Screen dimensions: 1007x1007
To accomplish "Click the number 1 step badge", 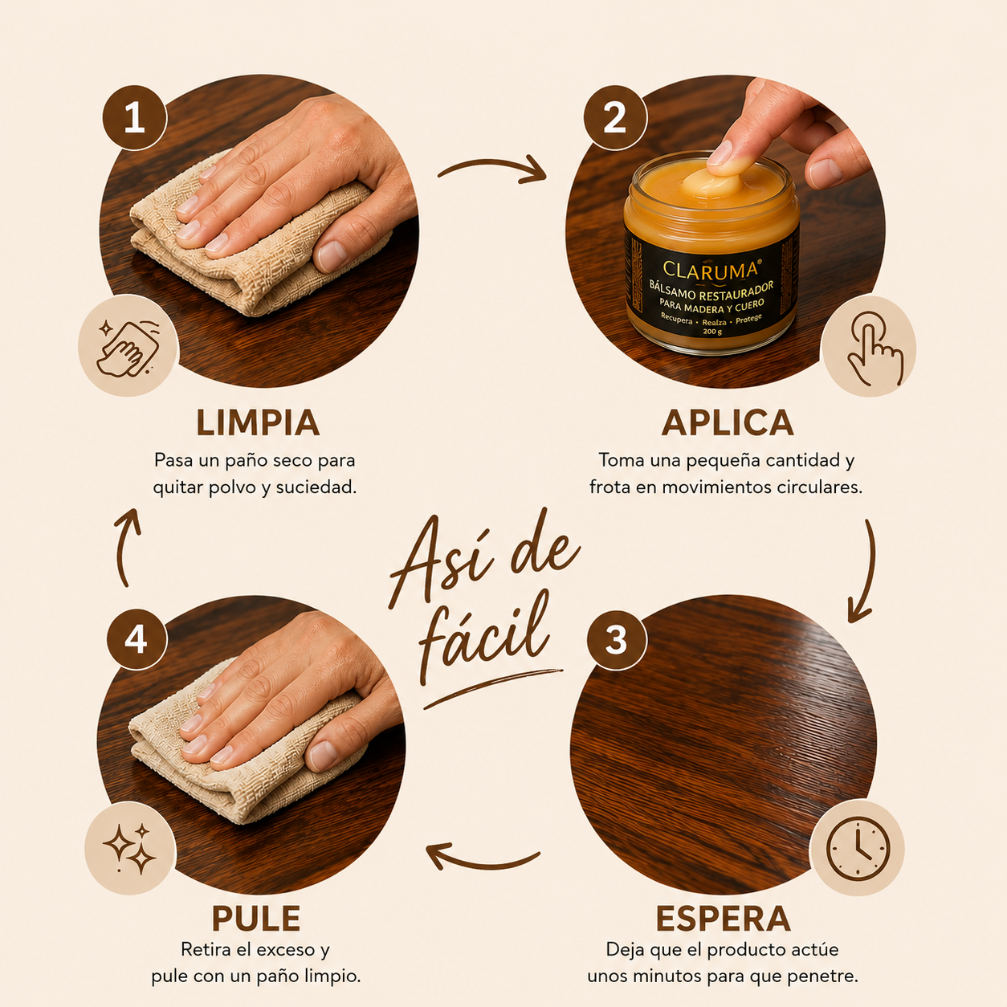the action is [134, 118].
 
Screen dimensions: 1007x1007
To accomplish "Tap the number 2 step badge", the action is [615, 118].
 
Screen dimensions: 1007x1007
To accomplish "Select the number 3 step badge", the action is [617, 640].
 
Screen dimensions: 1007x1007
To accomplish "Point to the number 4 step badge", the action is [137, 638].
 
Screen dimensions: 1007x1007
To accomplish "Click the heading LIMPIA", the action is [258, 422].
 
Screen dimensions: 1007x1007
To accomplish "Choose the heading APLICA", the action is [728, 422].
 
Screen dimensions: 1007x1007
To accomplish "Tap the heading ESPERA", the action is [724, 919].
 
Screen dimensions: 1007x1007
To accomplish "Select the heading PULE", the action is [256, 919].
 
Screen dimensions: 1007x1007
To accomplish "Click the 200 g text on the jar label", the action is [712, 332].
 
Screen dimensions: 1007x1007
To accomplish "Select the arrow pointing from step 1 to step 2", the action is [491, 169].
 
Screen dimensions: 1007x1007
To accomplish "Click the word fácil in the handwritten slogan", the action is [483, 635].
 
